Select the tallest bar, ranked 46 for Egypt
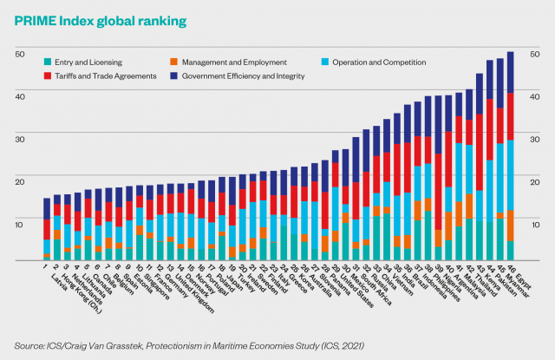point(511,156)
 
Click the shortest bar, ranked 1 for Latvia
point(47,229)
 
